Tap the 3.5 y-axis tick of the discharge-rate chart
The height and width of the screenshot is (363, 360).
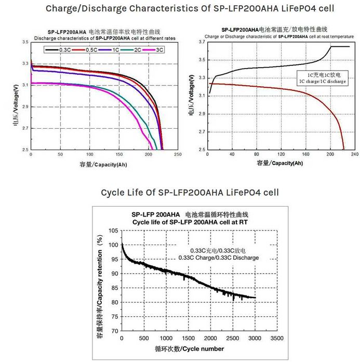click(25, 42)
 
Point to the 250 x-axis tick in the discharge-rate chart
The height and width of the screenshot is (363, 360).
click(178, 155)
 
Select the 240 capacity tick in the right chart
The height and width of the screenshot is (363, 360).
click(355, 155)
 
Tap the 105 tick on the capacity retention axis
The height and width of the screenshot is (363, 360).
click(113, 230)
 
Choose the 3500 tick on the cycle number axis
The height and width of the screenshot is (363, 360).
click(277, 338)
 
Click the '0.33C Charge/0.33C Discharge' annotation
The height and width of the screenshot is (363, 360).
click(218, 257)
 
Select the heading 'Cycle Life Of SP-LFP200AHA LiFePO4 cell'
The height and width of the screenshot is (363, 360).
click(190, 193)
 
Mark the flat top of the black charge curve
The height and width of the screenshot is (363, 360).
click(340, 47)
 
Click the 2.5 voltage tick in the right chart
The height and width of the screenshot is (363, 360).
click(201, 150)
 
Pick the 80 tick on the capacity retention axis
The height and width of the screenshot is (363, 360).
click(115, 302)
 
